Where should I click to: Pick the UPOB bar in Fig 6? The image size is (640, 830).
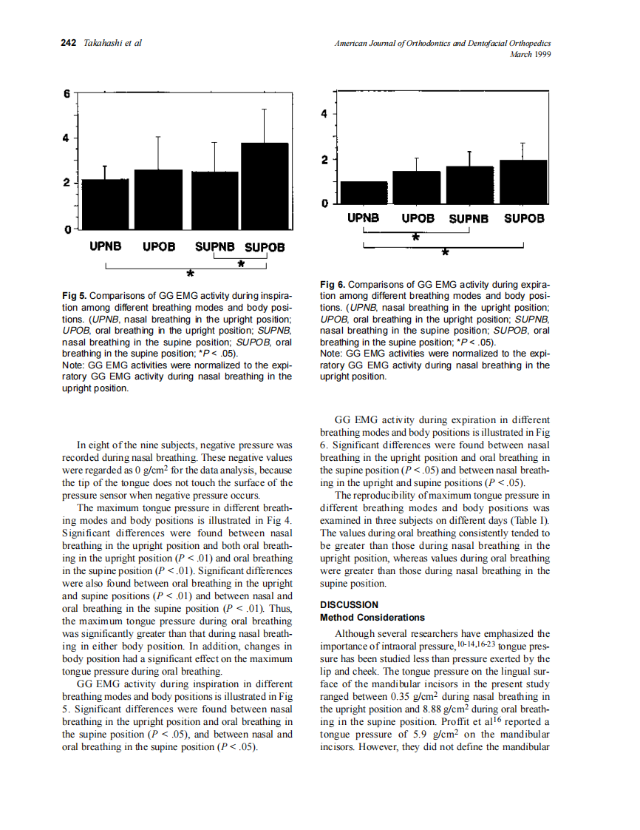(x=417, y=187)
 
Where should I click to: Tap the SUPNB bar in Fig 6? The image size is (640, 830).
(x=469, y=185)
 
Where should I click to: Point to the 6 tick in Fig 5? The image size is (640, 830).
(x=67, y=95)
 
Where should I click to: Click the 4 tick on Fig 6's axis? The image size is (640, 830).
(x=324, y=114)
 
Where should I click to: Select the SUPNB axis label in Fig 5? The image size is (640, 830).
(x=215, y=246)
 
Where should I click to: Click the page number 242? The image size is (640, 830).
(x=68, y=43)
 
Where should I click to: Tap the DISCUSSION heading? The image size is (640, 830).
(x=349, y=604)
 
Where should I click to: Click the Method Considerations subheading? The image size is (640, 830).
(x=372, y=617)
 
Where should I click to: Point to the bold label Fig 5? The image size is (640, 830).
(x=75, y=296)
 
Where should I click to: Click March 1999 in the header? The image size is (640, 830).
(x=531, y=54)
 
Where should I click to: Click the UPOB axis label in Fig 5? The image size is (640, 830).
(x=158, y=246)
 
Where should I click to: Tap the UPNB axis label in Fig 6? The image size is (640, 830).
(x=364, y=218)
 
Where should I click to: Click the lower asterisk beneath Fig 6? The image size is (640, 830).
(x=444, y=254)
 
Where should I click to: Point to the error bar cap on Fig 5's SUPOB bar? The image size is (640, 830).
(x=265, y=109)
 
